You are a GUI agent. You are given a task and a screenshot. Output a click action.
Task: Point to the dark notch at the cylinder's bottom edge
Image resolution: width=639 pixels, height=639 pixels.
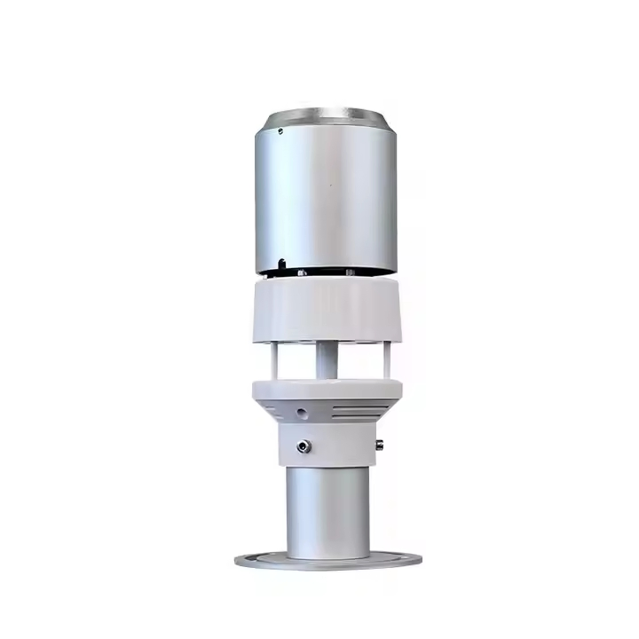(281, 264)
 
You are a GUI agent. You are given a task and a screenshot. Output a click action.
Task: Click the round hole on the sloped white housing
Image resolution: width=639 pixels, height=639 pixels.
(302, 412)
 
